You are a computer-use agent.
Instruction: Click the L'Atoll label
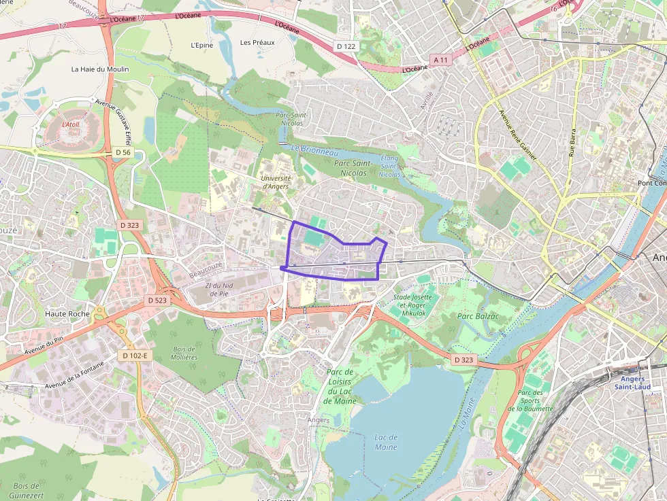pyautogui.click(x=71, y=124)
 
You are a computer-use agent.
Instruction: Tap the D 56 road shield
pyautogui.click(x=123, y=152)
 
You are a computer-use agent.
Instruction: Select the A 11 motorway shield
pyautogui.click(x=441, y=60)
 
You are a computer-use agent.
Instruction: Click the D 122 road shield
pyautogui.click(x=346, y=46)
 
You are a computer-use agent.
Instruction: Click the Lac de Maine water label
pyautogui.click(x=386, y=442)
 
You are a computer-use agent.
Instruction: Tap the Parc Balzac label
pyautogui.click(x=478, y=316)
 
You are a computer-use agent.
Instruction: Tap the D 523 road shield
pyautogui.click(x=157, y=300)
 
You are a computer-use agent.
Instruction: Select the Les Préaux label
pyautogui.click(x=257, y=42)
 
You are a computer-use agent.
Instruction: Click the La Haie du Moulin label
pyautogui.click(x=99, y=69)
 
